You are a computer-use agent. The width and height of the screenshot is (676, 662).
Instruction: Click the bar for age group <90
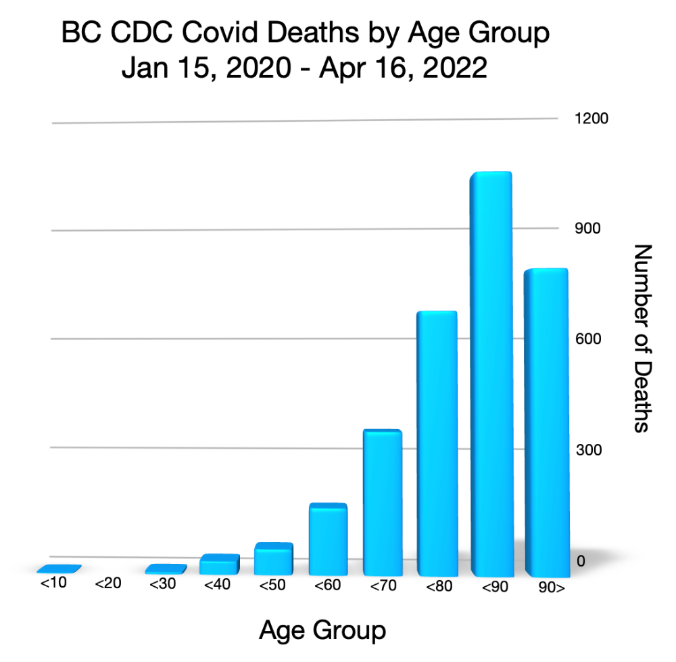pos(491,372)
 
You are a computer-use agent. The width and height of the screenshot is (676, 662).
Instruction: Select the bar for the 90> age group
pos(546,420)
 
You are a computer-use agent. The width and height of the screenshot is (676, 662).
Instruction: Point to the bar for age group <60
pos(328,539)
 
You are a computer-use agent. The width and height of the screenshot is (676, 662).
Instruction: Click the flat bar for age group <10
pos(59,569)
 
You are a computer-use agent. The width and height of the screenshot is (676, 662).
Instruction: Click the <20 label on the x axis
pos(108,583)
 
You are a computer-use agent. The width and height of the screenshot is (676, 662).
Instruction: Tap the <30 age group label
pos(162,584)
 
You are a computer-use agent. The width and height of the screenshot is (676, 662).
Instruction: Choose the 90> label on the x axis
pos(550,588)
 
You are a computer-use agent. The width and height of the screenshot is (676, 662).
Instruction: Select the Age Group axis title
pos(322,630)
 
